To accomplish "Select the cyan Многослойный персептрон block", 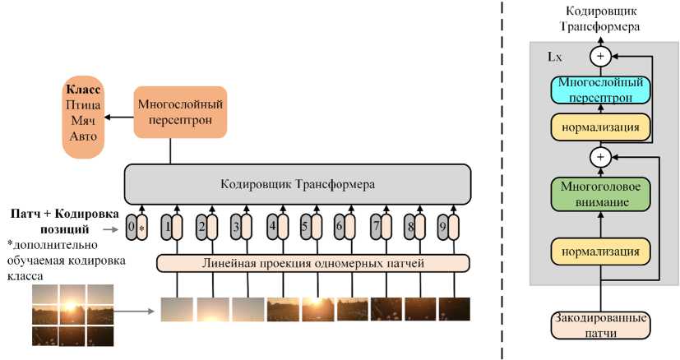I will (x=600, y=89).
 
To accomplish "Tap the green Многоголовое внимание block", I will (x=600, y=194).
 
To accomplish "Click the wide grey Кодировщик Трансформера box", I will (x=297, y=184).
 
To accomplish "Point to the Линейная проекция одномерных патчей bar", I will (x=312, y=263).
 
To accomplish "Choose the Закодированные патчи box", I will (x=599, y=325).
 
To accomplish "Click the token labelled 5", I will (x=309, y=226).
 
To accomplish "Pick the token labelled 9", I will (x=447, y=226).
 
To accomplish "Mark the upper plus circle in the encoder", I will (x=600, y=56).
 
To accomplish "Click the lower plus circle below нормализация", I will (x=600, y=155).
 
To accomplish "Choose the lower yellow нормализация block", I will (x=600, y=249).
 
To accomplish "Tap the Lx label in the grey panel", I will (x=555, y=58).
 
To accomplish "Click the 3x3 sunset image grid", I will (x=72, y=314).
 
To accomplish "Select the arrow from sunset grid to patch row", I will (x=136, y=312).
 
